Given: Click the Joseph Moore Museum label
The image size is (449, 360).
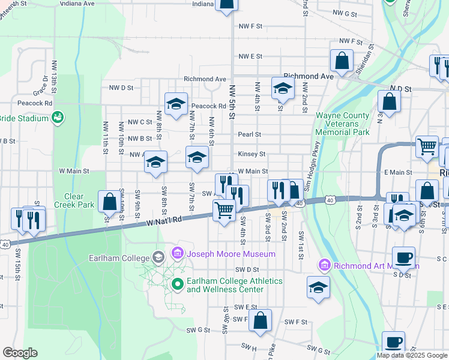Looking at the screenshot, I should point(231,254).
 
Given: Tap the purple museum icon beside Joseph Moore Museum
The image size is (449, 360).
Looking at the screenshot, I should point(178,253).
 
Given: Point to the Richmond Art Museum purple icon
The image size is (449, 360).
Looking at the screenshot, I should point(325,265).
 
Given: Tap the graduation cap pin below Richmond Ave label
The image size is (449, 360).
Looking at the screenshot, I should point(282,88).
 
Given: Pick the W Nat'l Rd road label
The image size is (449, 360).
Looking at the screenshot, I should point(163,222).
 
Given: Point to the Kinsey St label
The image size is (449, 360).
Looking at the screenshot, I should point(252,154).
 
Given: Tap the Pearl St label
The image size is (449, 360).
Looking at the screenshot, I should point(250,134).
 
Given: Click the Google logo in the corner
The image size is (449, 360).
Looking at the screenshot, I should point(20,352).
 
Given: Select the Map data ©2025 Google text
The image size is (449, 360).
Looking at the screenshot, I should point(412,355).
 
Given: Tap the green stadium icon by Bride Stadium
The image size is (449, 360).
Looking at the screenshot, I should point(58,118).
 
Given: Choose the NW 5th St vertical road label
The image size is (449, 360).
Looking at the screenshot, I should point(232,102).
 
